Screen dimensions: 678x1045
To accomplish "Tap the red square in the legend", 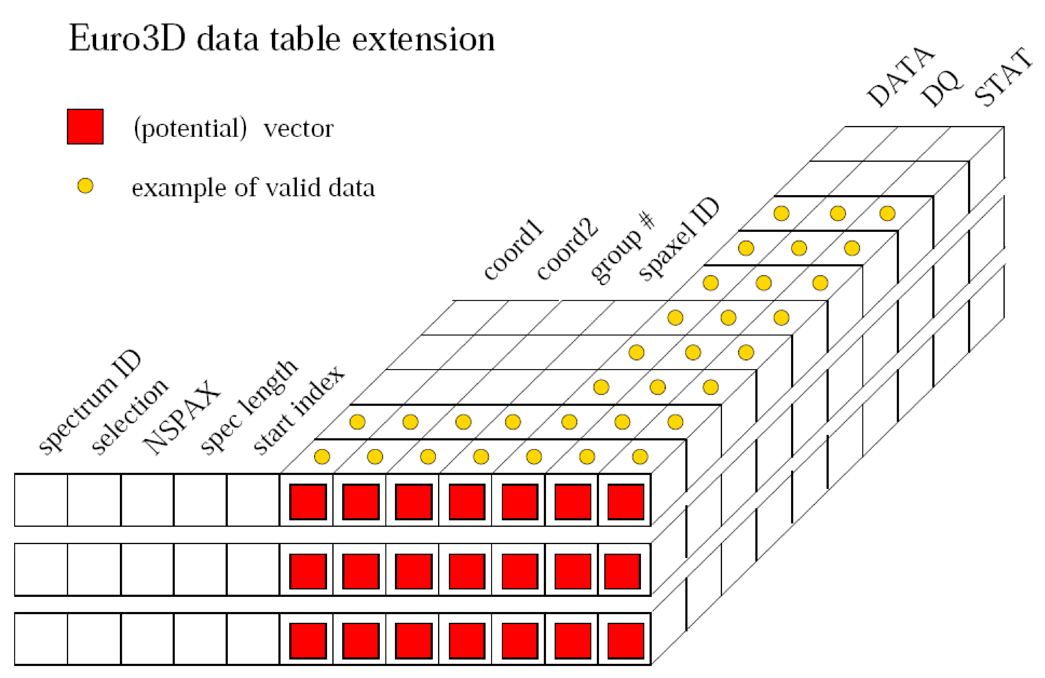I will (85, 126).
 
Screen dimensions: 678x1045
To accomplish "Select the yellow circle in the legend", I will (85, 186).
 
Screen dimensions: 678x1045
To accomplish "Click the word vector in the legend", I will (299, 129).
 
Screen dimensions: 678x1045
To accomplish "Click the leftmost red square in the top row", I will (308, 501).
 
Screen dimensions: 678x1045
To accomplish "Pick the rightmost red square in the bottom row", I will (625, 640).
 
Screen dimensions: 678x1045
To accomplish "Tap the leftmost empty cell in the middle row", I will (41, 570).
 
